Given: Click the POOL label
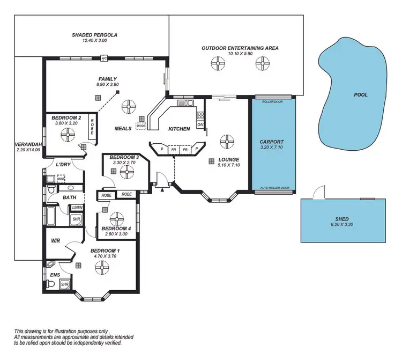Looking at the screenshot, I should pos(361,94).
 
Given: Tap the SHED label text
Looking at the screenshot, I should pos(341,219).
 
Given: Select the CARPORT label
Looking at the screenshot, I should pos(272,142).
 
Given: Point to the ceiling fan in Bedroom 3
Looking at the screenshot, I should pos(127,172).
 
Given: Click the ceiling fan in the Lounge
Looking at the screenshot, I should pos(228,142).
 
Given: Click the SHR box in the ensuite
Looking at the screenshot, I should pos(64,284).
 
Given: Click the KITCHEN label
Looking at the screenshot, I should pos(179,129).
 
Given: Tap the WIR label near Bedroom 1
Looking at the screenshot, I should pos(55,241).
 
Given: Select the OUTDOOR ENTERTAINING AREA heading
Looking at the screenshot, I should pos(240,48).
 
